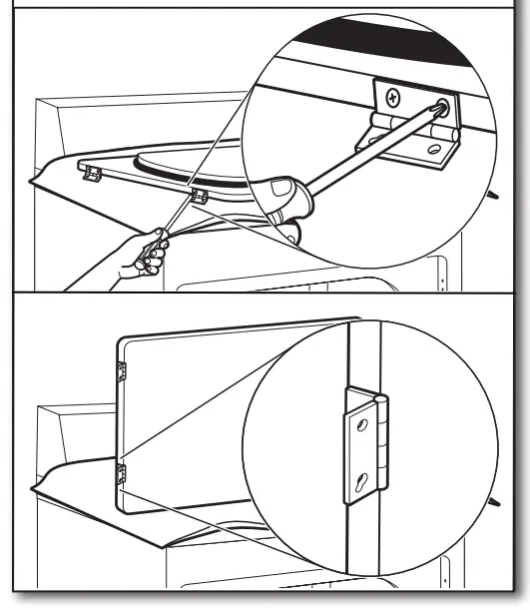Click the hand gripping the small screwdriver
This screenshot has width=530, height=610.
coord(146,257)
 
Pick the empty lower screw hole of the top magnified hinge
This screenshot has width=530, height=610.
coord(435,151)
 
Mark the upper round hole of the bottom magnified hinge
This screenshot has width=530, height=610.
coord(362,426)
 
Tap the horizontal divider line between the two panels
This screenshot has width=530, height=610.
coord(265,293)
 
